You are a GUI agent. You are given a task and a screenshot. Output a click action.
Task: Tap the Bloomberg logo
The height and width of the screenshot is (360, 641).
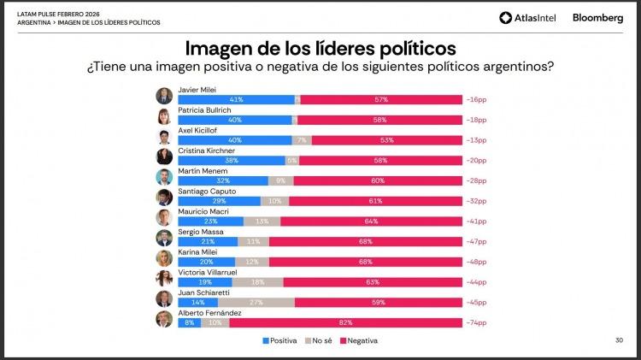tap(597, 17)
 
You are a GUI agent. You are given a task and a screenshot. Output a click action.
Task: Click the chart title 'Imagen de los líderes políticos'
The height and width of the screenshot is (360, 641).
tap(320, 46)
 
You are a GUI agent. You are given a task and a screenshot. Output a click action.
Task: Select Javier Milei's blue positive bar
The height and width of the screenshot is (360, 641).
tap(236, 100)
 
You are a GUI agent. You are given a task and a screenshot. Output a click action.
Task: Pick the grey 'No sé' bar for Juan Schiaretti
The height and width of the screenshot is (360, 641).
tap(256, 302)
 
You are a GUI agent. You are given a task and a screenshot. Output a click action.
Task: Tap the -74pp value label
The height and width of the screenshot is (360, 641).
tap(477, 324)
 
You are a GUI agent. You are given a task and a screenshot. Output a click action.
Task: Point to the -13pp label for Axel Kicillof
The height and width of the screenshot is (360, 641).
tap(477, 139)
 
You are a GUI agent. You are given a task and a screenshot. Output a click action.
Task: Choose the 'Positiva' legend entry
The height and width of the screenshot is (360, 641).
tap(279, 340)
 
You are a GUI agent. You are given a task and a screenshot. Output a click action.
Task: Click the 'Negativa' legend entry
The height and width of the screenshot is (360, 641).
tap(359, 340)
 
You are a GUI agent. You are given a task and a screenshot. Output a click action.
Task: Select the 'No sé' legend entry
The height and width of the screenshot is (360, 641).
tap(318, 340)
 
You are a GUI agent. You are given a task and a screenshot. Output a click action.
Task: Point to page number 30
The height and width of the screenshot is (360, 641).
tap(619, 340)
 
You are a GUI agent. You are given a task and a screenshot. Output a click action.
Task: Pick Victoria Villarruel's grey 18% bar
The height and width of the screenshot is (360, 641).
tap(257, 281)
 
